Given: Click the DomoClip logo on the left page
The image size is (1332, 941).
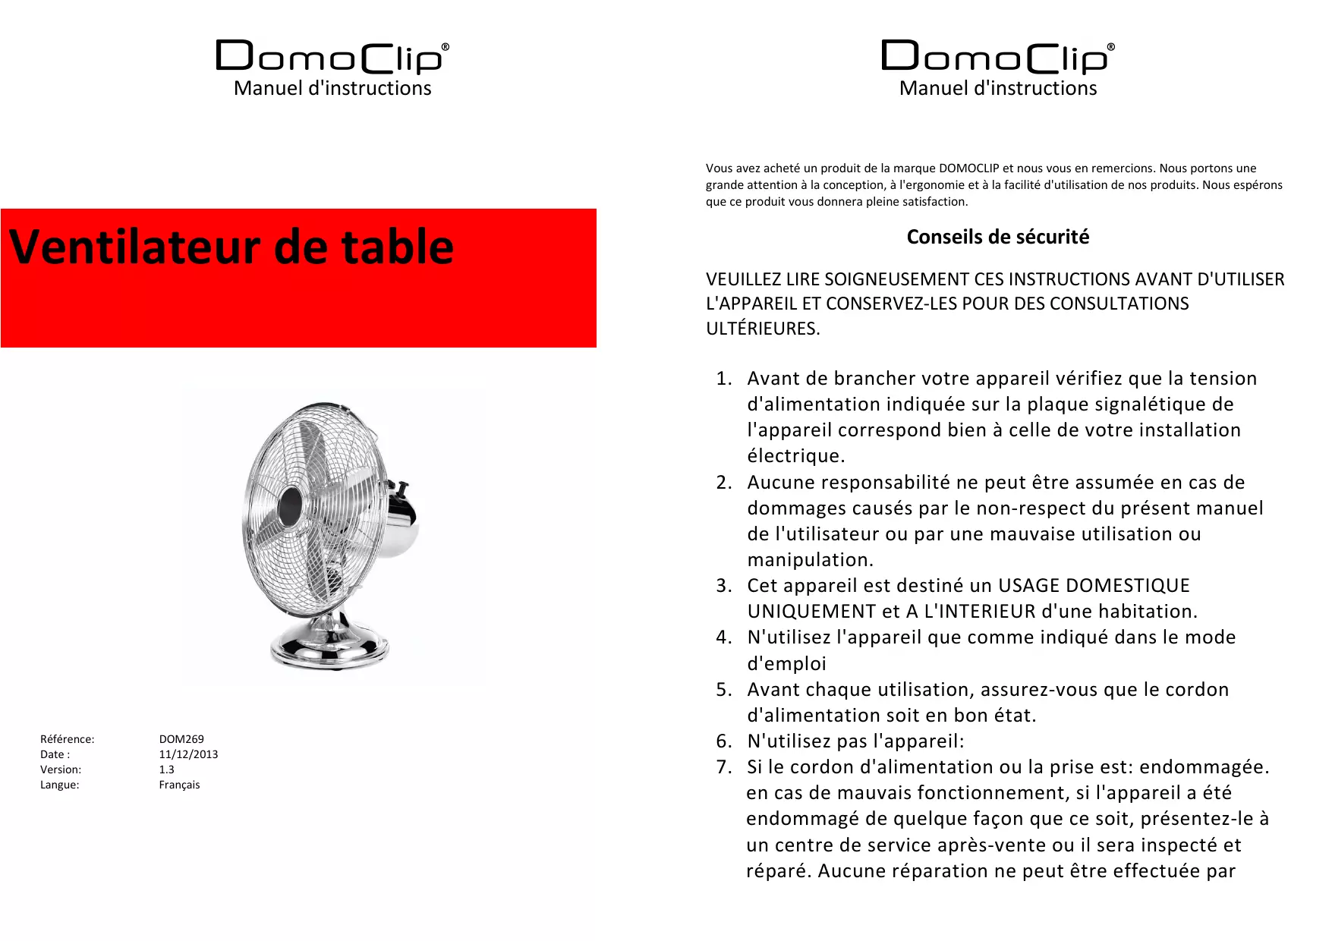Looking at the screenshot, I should tap(332, 57).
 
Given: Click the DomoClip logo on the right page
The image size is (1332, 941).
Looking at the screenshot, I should tap(997, 57).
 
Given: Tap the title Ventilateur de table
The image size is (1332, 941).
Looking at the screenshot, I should tap(231, 247).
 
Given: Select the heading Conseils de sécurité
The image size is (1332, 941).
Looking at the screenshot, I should tap(997, 237).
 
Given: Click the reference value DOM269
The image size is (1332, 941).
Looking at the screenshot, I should tap(181, 739).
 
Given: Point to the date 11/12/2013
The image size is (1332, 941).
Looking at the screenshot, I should tap(188, 754).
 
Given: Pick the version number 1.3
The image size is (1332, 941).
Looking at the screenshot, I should tap(166, 769).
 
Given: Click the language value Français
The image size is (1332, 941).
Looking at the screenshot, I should tap(179, 785).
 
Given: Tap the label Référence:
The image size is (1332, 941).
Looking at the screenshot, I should tap(67, 739).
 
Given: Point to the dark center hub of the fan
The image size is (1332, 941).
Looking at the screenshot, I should tap(290, 506).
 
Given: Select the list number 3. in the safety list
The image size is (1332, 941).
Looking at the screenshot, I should tap(724, 586).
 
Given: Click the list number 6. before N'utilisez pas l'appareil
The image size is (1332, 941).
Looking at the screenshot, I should tap(724, 741).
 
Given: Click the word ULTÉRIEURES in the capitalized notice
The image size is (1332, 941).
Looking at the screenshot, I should tap(762, 329).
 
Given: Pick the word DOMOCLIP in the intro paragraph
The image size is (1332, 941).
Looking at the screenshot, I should tap(968, 168).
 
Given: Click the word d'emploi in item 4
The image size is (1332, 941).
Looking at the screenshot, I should tap(786, 664).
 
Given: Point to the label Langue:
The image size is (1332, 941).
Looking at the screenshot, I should tap(59, 785).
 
